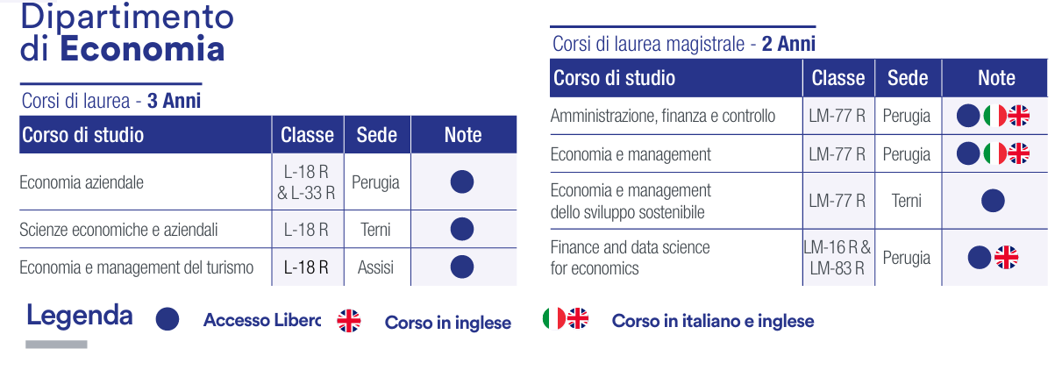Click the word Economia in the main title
click(x=142, y=49)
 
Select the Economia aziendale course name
click(x=82, y=182)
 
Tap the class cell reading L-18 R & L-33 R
click(x=307, y=182)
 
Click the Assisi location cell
click(x=375, y=267)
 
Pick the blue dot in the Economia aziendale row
click(x=461, y=181)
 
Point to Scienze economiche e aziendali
click(x=118, y=230)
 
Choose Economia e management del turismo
click(x=137, y=267)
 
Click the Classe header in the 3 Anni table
click(x=307, y=135)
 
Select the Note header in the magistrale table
click(x=996, y=78)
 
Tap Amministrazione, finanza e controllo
click(x=663, y=116)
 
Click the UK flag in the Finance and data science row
click(x=1006, y=258)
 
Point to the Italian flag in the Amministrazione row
click(x=994, y=116)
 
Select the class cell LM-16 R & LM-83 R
click(x=838, y=258)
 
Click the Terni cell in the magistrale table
click(x=907, y=201)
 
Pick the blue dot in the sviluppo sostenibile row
click(x=993, y=201)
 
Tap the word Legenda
click(x=80, y=316)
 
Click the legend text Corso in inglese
click(x=448, y=323)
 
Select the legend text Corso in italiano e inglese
click(x=713, y=321)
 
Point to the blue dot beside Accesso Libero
click(x=168, y=319)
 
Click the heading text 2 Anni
click(x=788, y=44)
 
